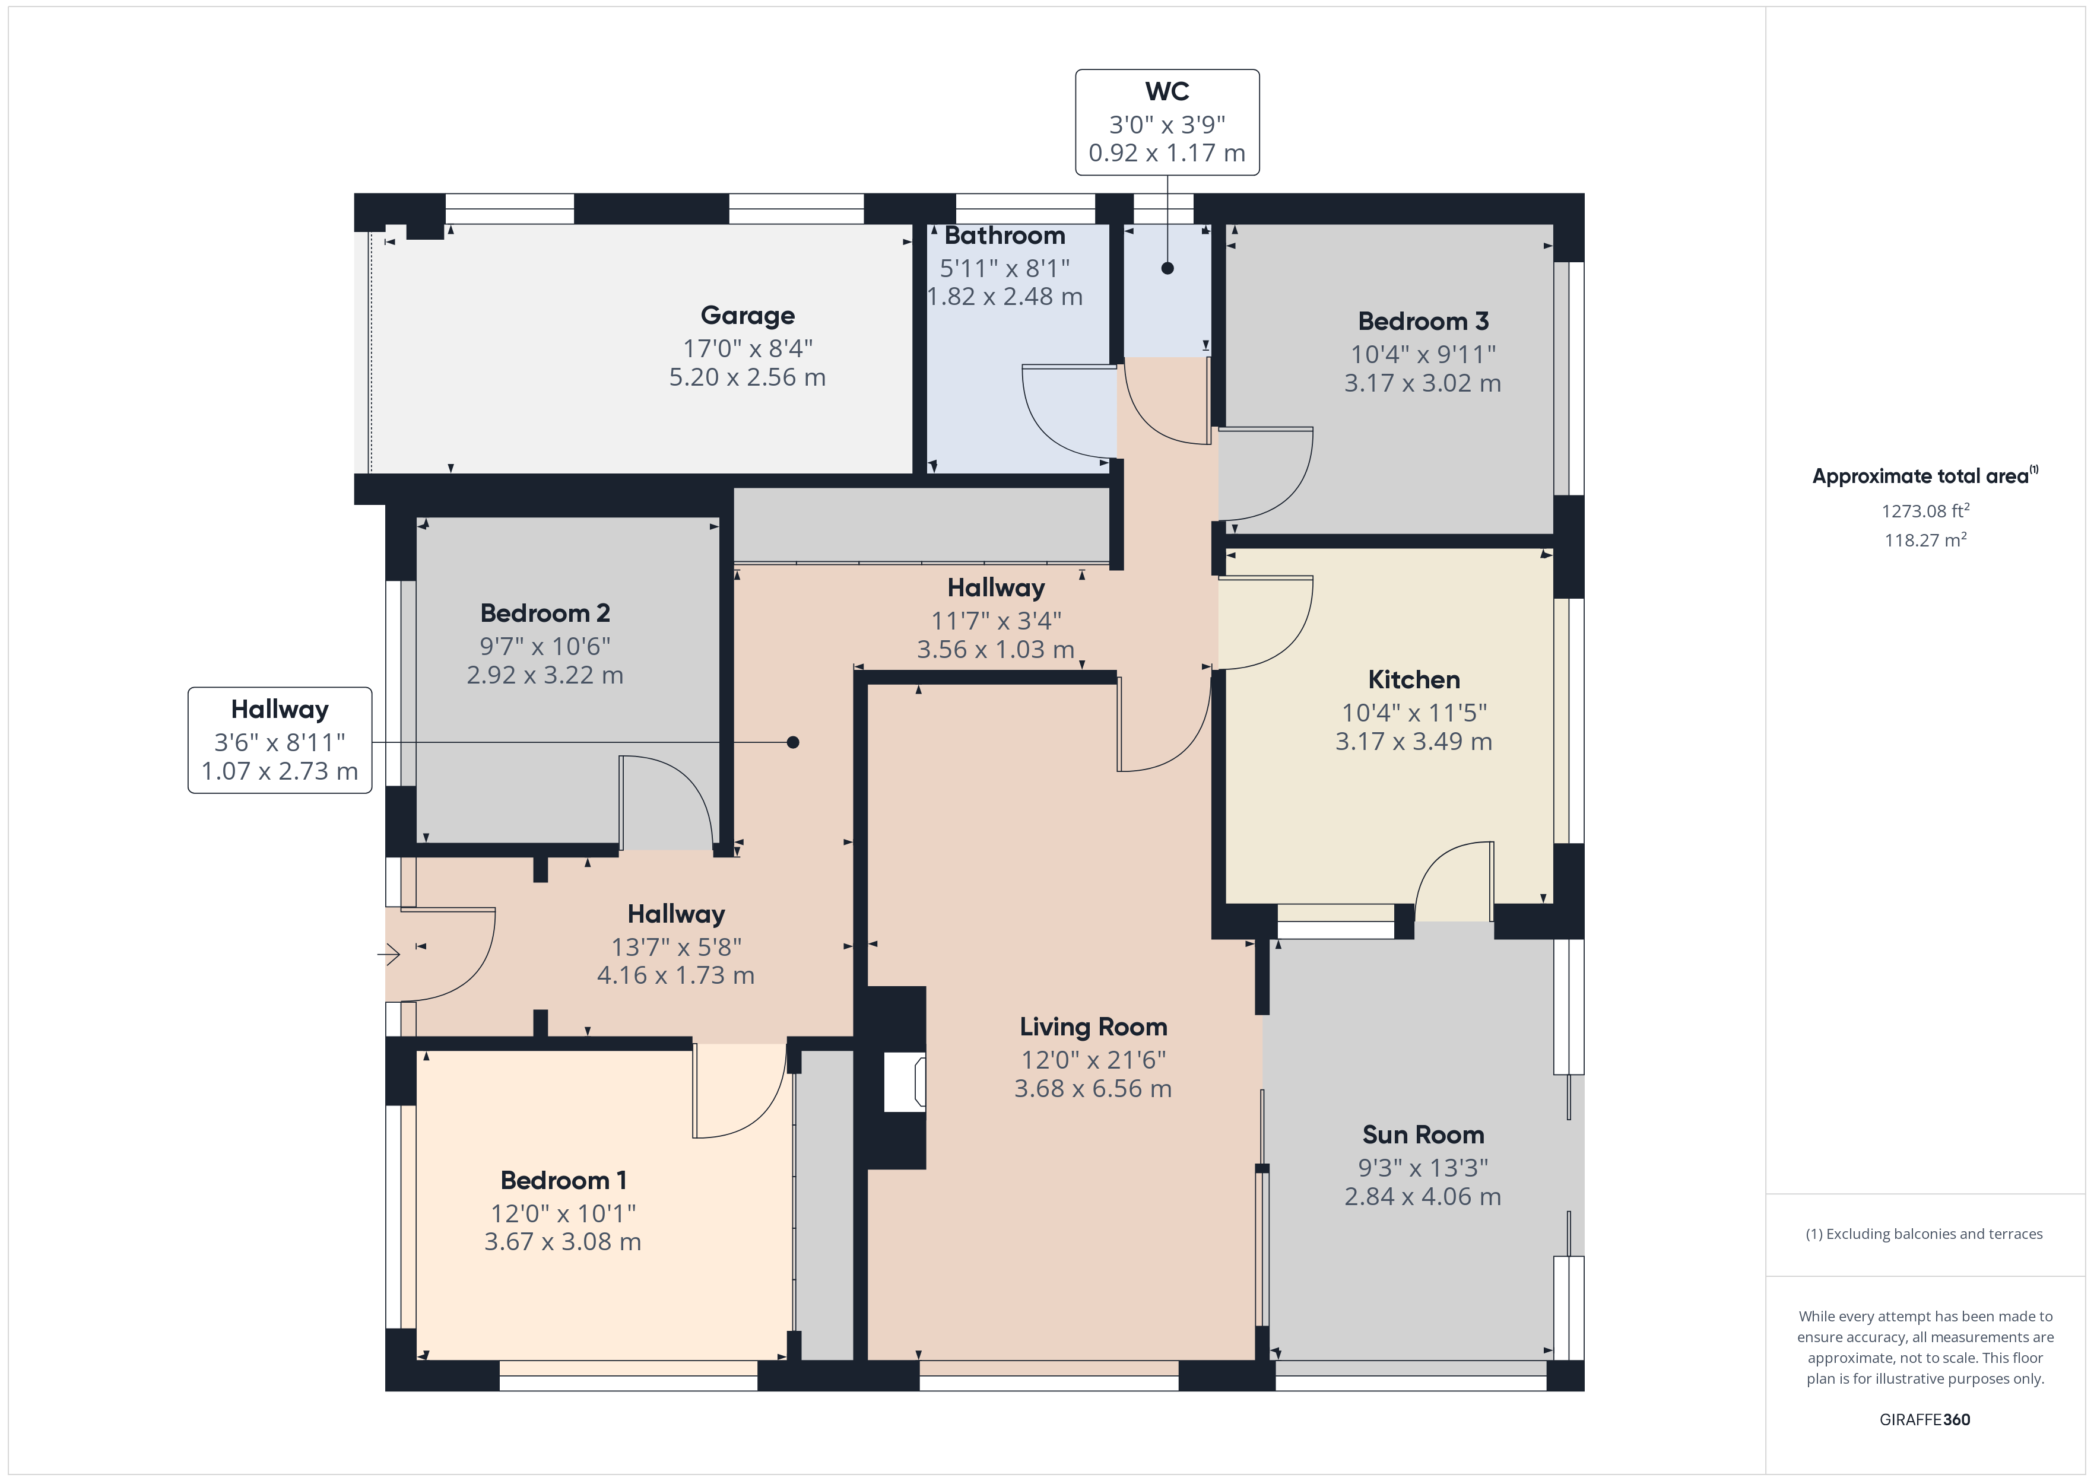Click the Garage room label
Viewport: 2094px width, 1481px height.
[x=747, y=316]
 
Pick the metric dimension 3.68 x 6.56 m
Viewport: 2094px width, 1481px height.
[x=1093, y=1089]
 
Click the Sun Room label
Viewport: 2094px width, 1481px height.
[x=1422, y=1134]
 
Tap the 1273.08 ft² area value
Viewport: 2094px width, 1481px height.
[x=1924, y=511]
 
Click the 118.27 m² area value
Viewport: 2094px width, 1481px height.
[x=1924, y=540]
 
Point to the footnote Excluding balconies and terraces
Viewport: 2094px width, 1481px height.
[x=1924, y=1234]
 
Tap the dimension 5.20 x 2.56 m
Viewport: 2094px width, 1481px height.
[x=747, y=377]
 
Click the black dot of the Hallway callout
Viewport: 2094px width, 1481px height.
[x=792, y=742]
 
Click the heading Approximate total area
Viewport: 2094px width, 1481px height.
[x=1920, y=476]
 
